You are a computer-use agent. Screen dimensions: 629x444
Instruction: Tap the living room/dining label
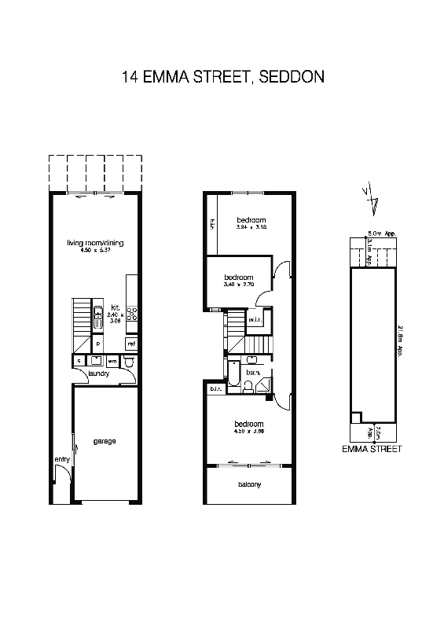tap(95, 243)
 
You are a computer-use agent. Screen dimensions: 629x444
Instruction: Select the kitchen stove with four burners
tap(133, 315)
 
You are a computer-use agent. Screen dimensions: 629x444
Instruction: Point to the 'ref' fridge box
tap(132, 344)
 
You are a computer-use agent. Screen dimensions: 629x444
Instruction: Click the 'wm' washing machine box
tap(112, 360)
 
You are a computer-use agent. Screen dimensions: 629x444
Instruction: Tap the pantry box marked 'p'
tap(97, 344)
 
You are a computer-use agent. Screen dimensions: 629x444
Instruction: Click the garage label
tap(105, 441)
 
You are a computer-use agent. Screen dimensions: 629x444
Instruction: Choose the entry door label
tap(61, 459)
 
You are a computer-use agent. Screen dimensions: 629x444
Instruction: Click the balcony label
tap(249, 484)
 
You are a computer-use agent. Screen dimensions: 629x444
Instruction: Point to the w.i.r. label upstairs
tap(255, 320)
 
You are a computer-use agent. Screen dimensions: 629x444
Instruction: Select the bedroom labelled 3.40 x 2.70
tap(238, 278)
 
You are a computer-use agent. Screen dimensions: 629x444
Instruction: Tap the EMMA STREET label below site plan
tap(372, 449)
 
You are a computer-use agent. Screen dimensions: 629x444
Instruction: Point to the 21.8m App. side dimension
tap(401, 342)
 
